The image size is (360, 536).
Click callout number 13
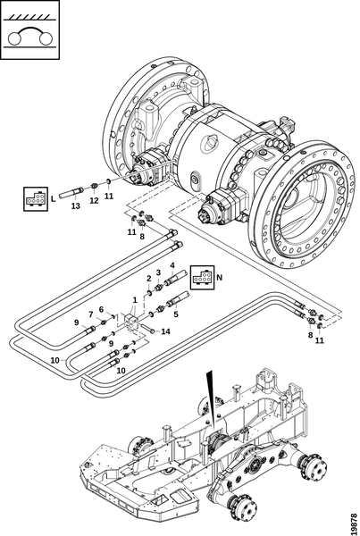pyautogui.click(x=76, y=205)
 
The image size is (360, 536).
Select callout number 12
pyautogui.click(x=94, y=201)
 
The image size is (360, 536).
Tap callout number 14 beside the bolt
pyautogui.click(x=165, y=331)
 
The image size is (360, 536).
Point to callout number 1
pyautogui.click(x=135, y=300)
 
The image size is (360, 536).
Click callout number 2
pyautogui.click(x=148, y=279)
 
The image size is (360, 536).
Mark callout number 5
pyautogui.click(x=176, y=314)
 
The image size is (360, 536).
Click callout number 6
pyautogui.click(x=101, y=309)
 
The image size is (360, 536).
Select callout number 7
pyautogui.click(x=91, y=314)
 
